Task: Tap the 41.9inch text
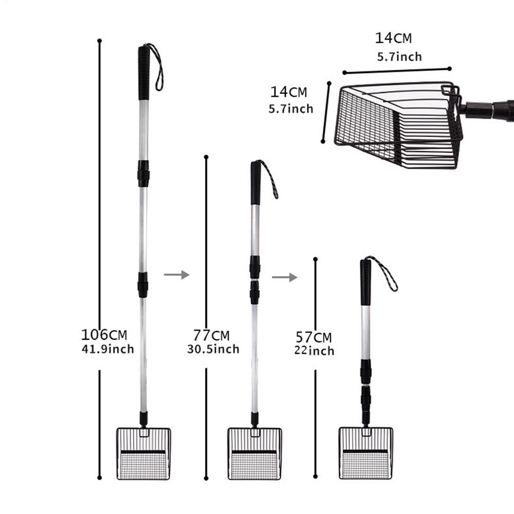click(x=107, y=350)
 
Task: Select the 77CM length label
click(x=211, y=336)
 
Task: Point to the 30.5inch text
click(x=213, y=350)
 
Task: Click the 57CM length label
click(x=314, y=338)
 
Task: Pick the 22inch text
click(x=314, y=351)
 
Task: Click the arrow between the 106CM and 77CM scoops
click(x=176, y=275)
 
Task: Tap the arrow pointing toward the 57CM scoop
click(x=284, y=278)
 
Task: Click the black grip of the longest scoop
click(x=144, y=72)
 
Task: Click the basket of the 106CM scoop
click(x=143, y=453)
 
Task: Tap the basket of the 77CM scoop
click(x=255, y=453)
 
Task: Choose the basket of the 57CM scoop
click(x=365, y=453)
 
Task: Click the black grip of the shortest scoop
click(x=365, y=283)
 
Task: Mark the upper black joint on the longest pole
click(x=143, y=173)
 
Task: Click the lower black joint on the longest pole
click(x=143, y=285)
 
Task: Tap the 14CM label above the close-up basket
click(x=393, y=38)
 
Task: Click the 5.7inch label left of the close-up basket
click(x=290, y=109)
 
